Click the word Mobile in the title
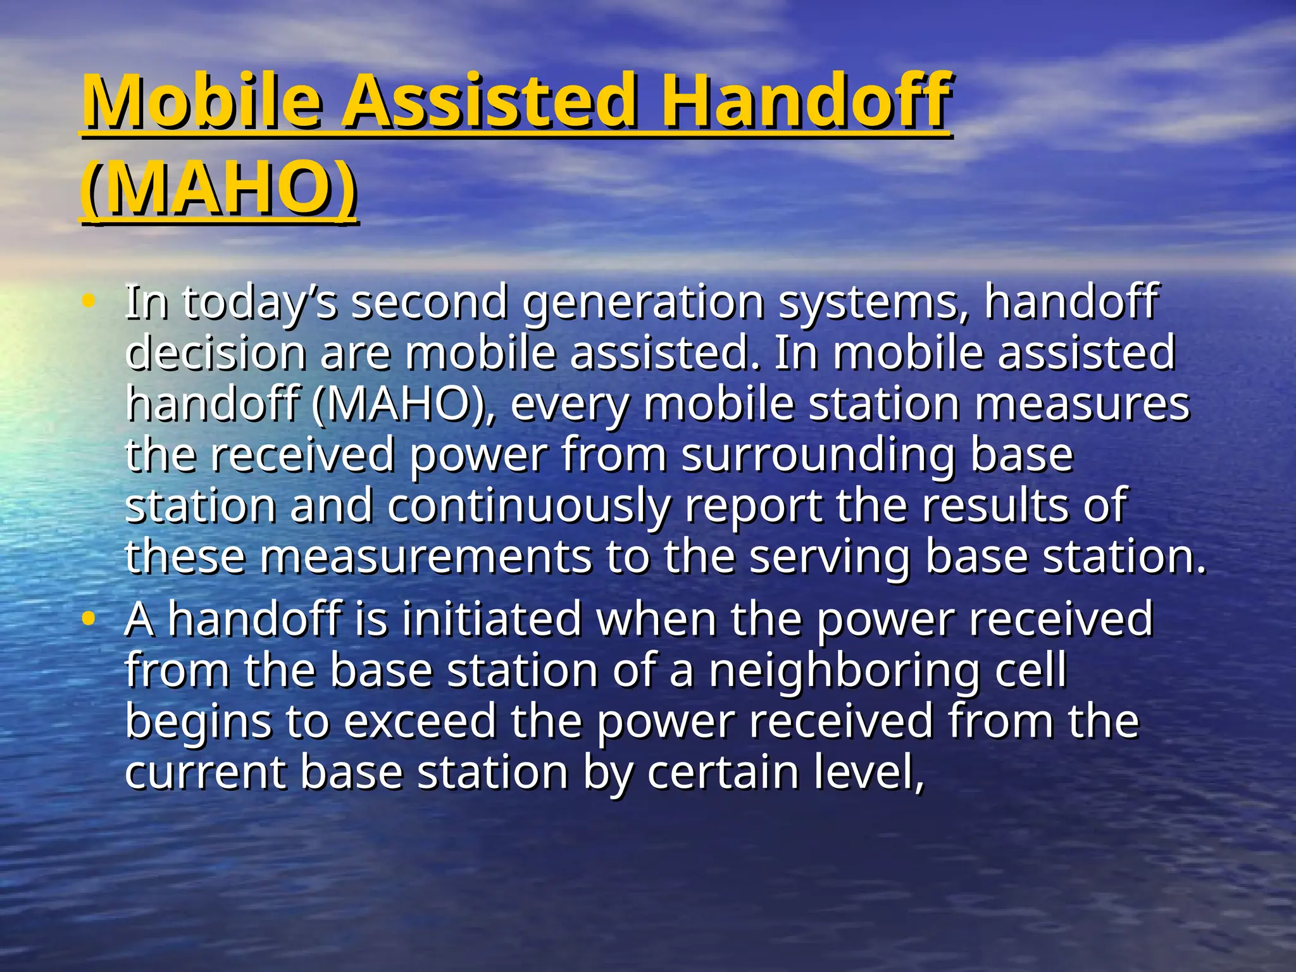(x=201, y=101)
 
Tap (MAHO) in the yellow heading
(x=218, y=189)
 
